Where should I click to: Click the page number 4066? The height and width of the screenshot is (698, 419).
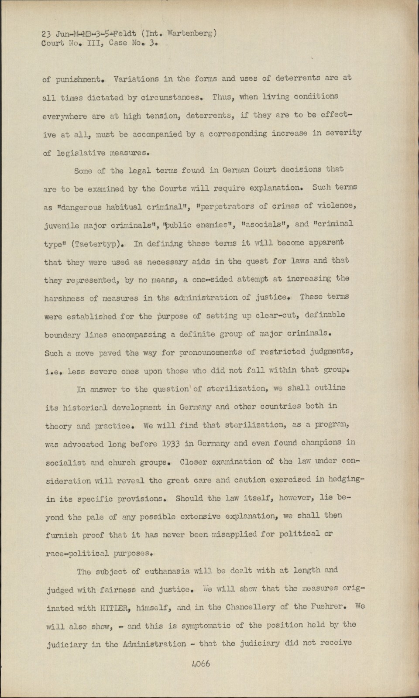point(201,664)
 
